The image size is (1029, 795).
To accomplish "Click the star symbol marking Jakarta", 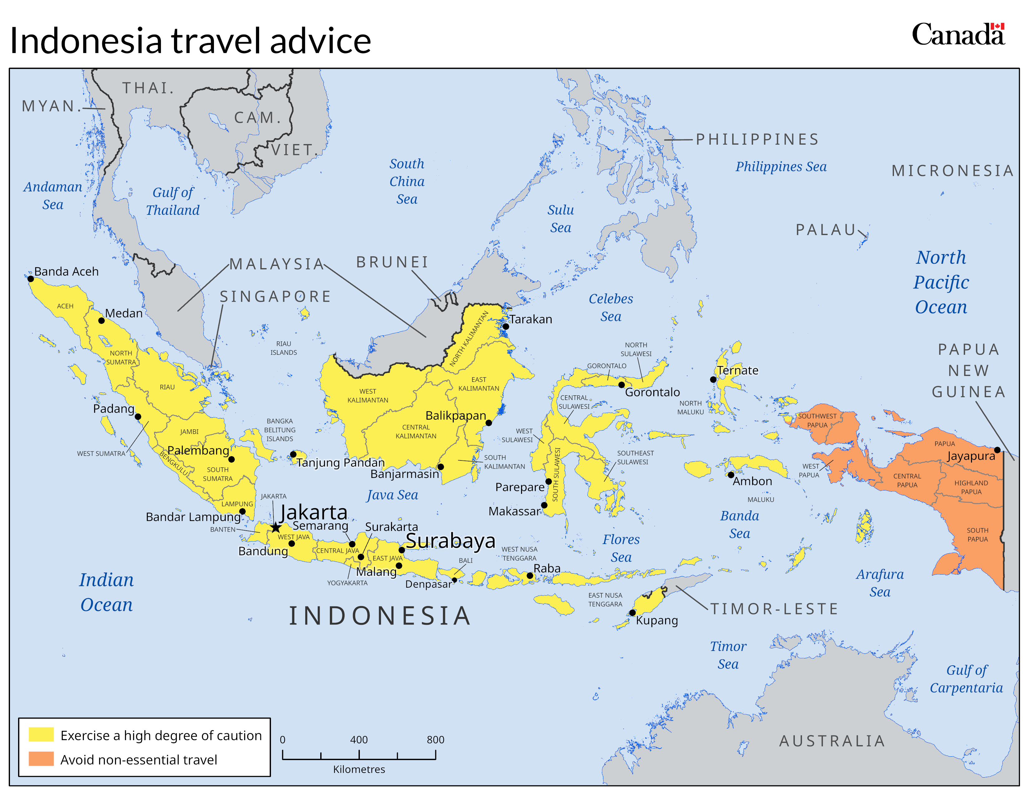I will pos(276,528).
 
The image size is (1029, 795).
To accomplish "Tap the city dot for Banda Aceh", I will pos(31,279).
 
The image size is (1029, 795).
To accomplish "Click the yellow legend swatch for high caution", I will pos(41,735).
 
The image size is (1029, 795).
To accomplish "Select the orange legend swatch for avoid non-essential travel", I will pos(41,759).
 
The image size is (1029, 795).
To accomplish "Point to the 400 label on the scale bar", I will pos(359,740).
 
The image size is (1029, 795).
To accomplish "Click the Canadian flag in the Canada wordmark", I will pos(998,26).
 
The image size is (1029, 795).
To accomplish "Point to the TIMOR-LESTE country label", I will pos(774,609).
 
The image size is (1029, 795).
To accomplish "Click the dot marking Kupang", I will pos(632,613).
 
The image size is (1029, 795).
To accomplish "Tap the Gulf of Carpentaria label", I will pos(966,679).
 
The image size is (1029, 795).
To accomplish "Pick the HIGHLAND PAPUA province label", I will pos(971,487).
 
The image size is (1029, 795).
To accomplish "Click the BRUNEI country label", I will pos(392,262).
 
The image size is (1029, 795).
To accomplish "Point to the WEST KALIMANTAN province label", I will pos(368,396).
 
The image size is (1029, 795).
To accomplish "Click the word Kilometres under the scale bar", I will pos(359,769).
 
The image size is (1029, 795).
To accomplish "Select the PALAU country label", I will pos(825,230).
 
